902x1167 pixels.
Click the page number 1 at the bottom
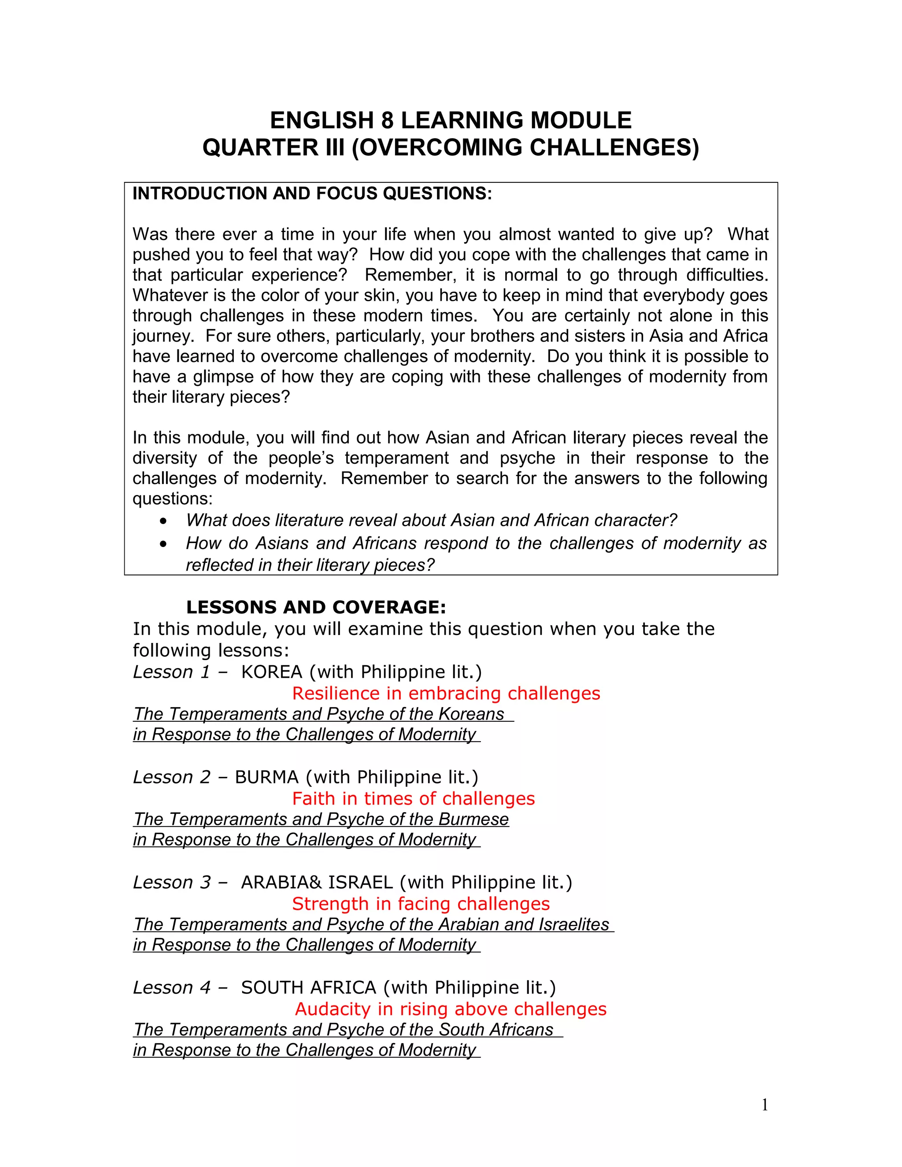click(765, 1105)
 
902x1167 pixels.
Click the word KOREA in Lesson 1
click(271, 672)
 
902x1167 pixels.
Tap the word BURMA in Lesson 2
click(266, 777)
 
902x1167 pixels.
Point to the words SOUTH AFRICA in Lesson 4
click(309, 987)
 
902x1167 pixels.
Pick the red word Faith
click(313, 799)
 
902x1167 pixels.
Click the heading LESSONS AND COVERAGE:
click(316, 607)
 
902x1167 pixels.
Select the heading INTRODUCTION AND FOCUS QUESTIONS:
click(312, 193)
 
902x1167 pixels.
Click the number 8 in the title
click(388, 121)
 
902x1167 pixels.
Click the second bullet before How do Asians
click(163, 544)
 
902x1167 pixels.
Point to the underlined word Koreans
click(471, 714)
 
